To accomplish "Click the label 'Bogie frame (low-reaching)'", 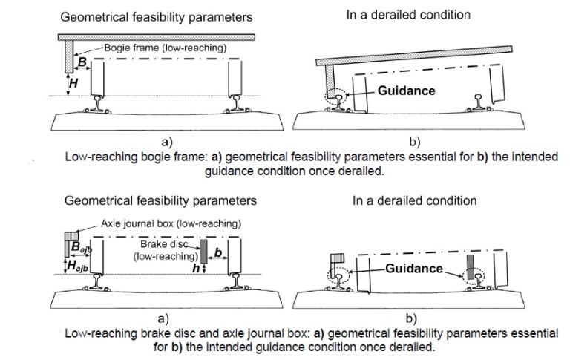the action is [x=165, y=48].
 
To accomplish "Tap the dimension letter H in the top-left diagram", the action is [x=73, y=83].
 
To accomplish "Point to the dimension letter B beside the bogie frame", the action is [x=83, y=62].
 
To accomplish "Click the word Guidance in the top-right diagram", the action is [x=407, y=90].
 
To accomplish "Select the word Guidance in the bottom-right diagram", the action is [x=414, y=269].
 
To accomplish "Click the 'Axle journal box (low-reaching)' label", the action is [x=171, y=223].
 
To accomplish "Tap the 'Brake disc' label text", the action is [x=164, y=244].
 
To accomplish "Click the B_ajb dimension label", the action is [x=82, y=247].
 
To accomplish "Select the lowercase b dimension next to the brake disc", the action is [x=218, y=252].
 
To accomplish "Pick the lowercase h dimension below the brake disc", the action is [x=196, y=269].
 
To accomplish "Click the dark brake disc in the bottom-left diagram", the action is [x=204, y=251].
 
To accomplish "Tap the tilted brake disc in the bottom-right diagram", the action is [x=471, y=267].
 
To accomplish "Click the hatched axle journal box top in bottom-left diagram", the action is [x=71, y=236].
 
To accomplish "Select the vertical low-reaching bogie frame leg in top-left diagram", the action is [x=70, y=56].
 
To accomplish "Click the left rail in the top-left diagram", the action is [x=97, y=104].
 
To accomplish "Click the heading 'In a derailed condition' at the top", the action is [x=408, y=15].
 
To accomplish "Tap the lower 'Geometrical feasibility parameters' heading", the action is [x=160, y=200].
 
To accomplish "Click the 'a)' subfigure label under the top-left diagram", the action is [x=167, y=142].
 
